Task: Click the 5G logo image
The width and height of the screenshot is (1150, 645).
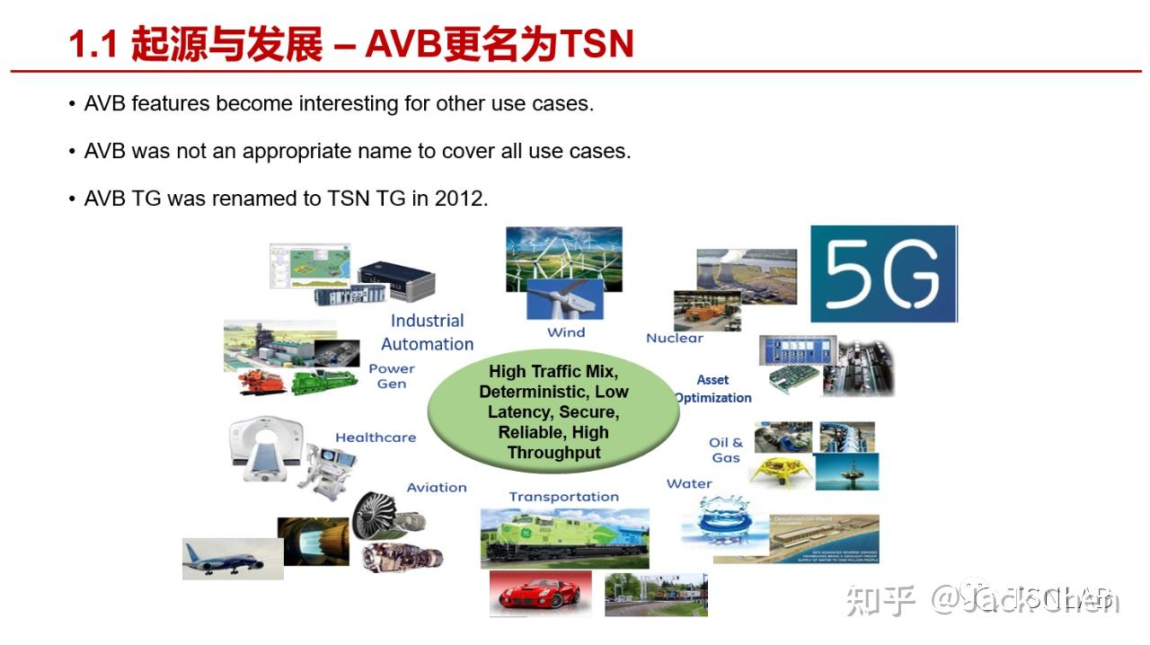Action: (883, 274)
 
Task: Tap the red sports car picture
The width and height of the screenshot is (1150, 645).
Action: (540, 594)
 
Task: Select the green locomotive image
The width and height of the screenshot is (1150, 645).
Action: (563, 536)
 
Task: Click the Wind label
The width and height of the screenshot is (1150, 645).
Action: (566, 332)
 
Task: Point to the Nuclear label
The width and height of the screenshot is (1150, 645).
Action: (674, 338)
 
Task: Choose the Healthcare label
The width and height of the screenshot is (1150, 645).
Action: (376, 437)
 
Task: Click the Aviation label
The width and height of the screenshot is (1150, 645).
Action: (437, 488)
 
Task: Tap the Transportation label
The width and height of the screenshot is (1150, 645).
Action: (563, 497)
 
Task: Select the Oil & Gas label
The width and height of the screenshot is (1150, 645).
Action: (726, 450)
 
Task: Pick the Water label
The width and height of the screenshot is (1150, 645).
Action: (689, 483)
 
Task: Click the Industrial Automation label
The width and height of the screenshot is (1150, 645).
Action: (427, 332)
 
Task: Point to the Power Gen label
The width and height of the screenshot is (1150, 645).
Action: (392, 376)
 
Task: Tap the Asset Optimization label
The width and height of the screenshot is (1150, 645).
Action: (713, 389)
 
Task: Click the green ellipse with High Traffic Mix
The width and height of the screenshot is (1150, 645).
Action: (553, 412)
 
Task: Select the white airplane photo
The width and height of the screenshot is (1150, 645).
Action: (219, 558)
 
